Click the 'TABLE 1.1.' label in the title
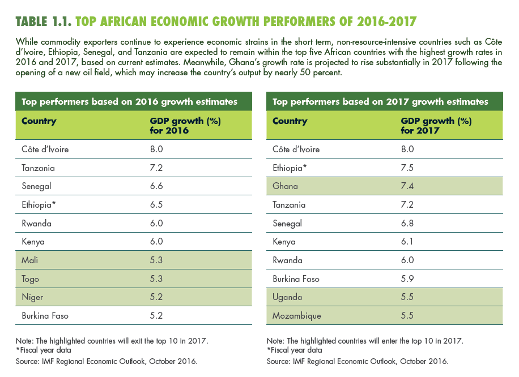[44, 22]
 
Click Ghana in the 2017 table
[285, 186]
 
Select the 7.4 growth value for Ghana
[408, 186]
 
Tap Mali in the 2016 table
[29, 260]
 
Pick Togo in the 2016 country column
[31, 279]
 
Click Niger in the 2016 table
[32, 297]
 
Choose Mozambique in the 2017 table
[297, 315]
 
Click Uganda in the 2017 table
[287, 297]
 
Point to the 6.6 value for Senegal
[156, 186]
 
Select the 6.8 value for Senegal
[408, 223]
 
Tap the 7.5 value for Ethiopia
[408, 168]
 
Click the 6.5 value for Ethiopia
[156, 204]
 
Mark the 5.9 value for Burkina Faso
[408, 279]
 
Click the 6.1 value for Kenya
[408, 242]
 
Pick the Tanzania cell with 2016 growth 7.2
[39, 168]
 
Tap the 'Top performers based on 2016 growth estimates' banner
[129, 102]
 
